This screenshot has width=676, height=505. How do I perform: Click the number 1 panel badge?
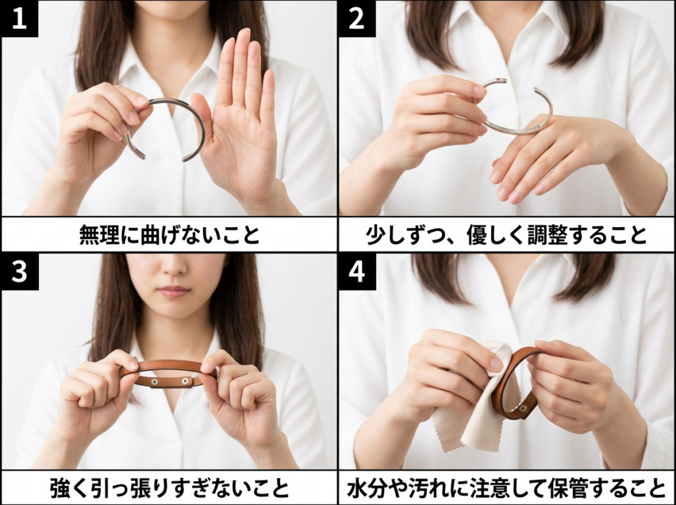click(x=19, y=18)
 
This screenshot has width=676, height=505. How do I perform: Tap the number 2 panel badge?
click(x=356, y=18)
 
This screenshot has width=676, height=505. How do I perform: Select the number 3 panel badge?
click(x=19, y=272)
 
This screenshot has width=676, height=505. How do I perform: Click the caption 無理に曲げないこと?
click(x=170, y=234)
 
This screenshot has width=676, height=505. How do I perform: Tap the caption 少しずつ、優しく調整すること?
click(x=506, y=234)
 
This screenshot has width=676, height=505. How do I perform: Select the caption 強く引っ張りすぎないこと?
click(x=170, y=488)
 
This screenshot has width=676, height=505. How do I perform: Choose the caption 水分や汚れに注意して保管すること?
click(x=506, y=488)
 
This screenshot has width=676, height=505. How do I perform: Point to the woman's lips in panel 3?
click(x=174, y=291)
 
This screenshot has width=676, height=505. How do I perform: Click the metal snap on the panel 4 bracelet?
click(x=523, y=408)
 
